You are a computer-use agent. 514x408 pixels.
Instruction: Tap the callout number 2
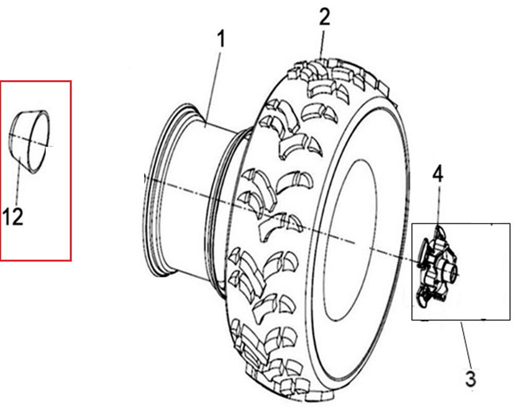tap(324, 17)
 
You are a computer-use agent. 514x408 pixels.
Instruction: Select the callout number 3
tap(470, 379)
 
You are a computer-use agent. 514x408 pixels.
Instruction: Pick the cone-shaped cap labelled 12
tap(31, 139)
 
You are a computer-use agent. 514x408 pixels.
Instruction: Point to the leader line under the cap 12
tap(19, 180)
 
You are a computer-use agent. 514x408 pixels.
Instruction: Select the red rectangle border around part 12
tap(70, 170)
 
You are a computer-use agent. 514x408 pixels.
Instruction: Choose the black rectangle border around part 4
tap(509, 272)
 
